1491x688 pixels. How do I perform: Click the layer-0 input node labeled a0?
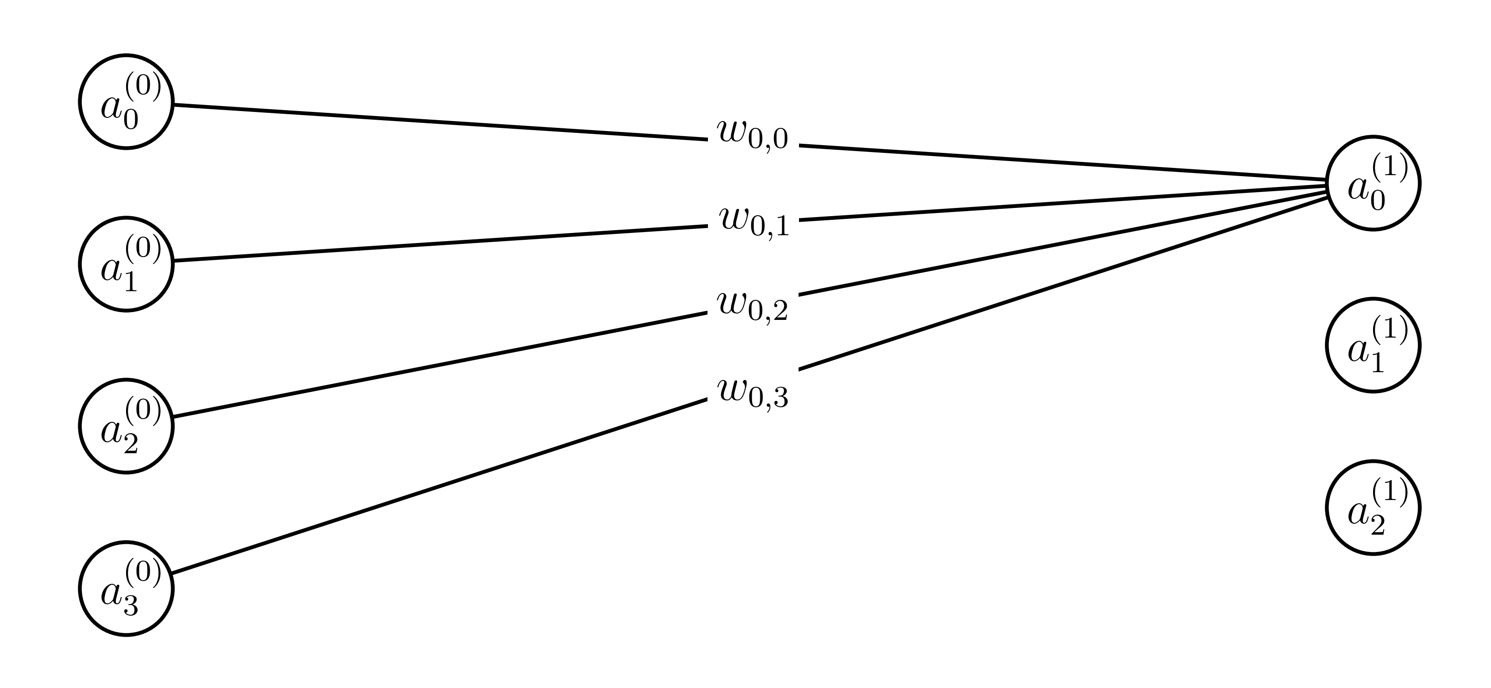tap(126, 102)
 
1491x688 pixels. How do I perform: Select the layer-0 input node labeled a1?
tap(126, 264)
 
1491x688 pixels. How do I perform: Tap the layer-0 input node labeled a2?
tap(126, 426)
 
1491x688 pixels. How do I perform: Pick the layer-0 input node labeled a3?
tap(126, 588)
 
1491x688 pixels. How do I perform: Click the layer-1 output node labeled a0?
tap(1373, 183)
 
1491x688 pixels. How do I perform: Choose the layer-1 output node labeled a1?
tap(1373, 345)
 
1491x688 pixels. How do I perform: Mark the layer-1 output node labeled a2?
tap(1373, 507)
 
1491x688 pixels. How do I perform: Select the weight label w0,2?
tap(753, 306)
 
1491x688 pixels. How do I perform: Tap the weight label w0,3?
tap(753, 394)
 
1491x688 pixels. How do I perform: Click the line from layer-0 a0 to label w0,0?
tap(440, 122)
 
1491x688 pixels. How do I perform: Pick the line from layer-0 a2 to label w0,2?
tap(440, 364)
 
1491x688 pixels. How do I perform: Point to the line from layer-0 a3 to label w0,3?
tap(440, 486)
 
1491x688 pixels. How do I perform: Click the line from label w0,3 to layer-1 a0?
tap(1065, 283)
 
